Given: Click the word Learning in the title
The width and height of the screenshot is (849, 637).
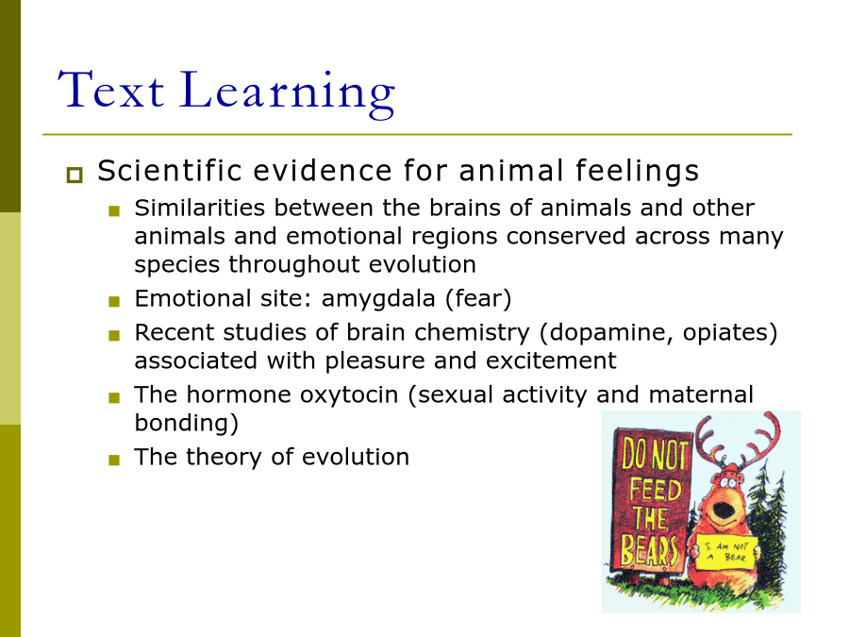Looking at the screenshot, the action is pos(287,92).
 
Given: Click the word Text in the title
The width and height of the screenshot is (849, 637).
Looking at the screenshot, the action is pos(111,90).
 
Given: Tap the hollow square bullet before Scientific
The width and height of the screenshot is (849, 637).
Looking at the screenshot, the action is pos(75,175).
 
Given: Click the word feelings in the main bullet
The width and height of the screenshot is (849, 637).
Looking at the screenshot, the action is pos(638,172).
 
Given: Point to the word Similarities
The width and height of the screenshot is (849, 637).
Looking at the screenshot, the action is pos(200,208).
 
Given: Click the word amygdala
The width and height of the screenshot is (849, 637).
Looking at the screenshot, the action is pos(378,299).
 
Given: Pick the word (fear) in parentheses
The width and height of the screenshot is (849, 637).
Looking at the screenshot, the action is pos(478,299).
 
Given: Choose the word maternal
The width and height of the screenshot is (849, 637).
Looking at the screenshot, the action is pos(701,394).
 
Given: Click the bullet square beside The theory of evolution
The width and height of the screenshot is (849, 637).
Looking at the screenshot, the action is pos(114,461).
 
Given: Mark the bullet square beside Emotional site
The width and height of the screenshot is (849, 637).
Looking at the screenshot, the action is pos(114,302).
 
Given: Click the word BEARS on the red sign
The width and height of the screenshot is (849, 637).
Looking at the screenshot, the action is pos(649,550).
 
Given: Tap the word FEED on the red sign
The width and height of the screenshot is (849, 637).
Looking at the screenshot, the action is pos(656,490).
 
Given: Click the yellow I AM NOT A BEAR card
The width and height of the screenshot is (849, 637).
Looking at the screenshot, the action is pos(726,552).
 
